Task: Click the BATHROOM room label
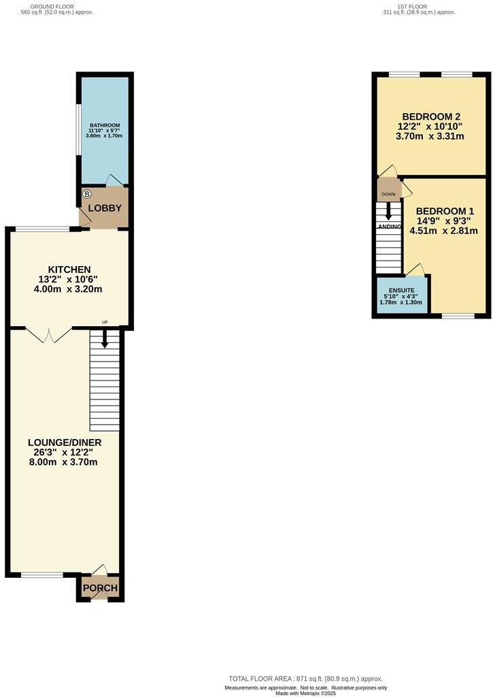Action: click(105, 125)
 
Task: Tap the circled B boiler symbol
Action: click(86, 195)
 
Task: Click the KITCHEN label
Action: click(69, 270)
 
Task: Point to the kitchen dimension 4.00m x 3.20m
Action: click(69, 289)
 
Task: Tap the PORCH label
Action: click(100, 588)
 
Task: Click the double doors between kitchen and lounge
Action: click(49, 334)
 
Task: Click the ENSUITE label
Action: click(401, 290)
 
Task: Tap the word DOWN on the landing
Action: click(388, 195)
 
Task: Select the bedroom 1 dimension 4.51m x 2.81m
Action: click(443, 230)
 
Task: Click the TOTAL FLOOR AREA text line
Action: click(305, 679)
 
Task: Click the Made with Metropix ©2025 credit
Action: click(305, 693)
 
